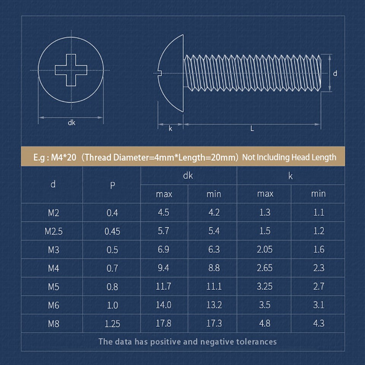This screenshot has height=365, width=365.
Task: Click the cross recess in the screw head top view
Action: (x=71, y=70)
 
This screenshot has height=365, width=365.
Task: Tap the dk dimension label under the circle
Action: (x=71, y=123)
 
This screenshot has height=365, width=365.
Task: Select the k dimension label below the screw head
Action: (x=170, y=129)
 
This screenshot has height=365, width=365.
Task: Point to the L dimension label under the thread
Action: (x=252, y=129)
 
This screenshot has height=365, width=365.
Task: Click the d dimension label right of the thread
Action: (x=335, y=73)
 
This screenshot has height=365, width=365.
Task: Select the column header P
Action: (x=112, y=185)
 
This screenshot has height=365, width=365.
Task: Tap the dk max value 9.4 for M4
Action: (x=163, y=268)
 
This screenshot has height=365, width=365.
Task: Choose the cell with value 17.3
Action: (x=214, y=324)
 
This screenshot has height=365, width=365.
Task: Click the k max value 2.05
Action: (x=265, y=250)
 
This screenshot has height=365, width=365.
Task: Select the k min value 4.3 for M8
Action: (x=319, y=324)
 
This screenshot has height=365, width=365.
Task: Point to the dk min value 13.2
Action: (x=214, y=305)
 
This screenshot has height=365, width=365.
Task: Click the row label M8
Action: (x=53, y=324)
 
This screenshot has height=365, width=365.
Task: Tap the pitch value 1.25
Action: (x=112, y=324)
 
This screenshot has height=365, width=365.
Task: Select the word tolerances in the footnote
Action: (x=256, y=341)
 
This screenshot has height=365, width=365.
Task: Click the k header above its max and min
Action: (x=291, y=176)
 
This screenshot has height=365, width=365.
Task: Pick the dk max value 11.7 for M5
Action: (x=163, y=287)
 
